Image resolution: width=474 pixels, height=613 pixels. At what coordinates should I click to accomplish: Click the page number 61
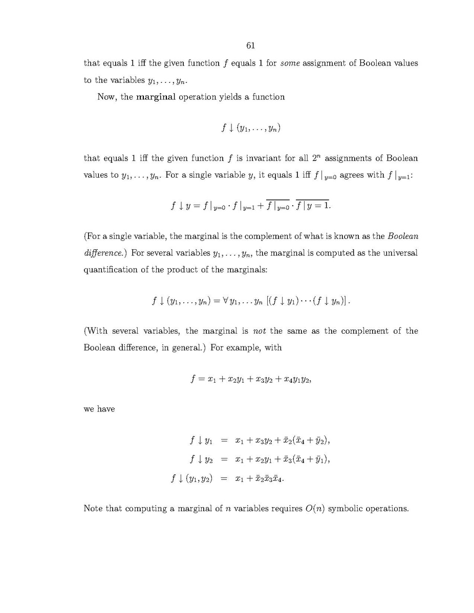coord(250,46)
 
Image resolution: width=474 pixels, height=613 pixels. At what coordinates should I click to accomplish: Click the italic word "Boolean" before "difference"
coord(403,236)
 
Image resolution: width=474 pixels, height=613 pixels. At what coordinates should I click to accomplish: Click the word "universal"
coord(399,253)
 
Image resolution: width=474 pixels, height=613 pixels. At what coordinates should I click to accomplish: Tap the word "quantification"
coord(110,270)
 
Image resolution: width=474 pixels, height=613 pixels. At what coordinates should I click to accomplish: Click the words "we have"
coord(99,409)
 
